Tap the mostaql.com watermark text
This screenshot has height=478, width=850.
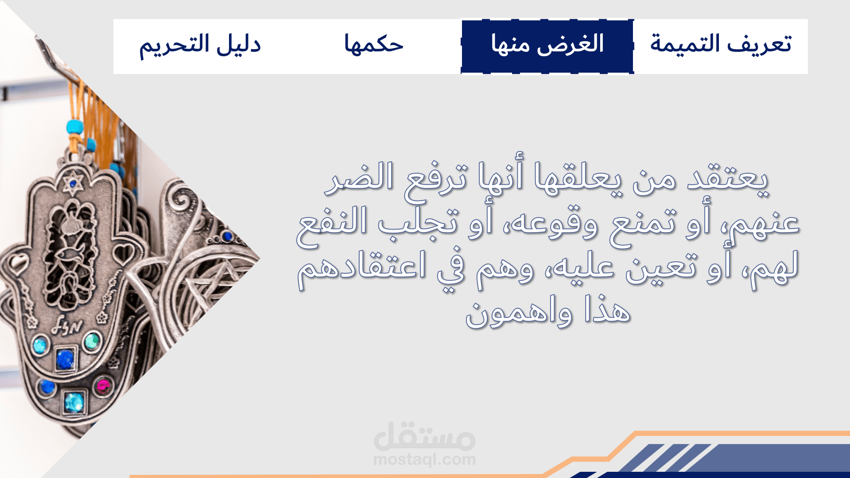pos(424,460)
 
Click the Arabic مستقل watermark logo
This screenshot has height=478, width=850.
pos(424,436)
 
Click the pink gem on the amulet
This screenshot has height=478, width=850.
pos(104,386)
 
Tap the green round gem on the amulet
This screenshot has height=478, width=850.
pos(92,341)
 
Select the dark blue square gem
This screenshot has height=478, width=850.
pos(65,359)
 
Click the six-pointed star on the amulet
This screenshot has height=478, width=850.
pos(73,183)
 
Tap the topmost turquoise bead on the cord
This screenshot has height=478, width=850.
pos(75,127)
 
